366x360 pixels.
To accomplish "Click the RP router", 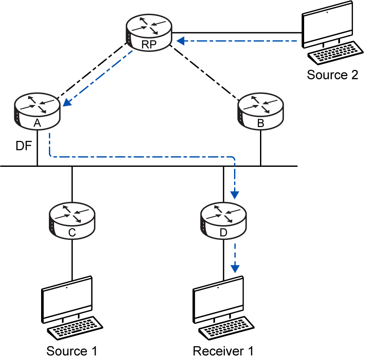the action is (149, 33).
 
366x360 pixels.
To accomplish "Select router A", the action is (37, 111).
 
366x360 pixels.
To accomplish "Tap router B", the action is (260, 111).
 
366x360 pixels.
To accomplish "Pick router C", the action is (72, 220).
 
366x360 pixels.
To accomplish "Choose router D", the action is (223, 220).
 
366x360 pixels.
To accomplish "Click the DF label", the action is (24, 146).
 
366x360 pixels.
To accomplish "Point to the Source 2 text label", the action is (332, 75).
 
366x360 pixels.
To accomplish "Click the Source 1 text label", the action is (72, 351).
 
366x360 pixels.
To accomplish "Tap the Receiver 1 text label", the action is (223, 351).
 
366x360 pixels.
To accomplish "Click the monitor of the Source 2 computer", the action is (327, 25).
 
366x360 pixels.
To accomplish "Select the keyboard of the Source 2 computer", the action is (335, 53).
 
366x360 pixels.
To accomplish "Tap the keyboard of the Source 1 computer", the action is (75, 328).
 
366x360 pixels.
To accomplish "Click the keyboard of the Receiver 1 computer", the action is (226, 328).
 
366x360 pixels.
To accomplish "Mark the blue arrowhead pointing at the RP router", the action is (181, 41).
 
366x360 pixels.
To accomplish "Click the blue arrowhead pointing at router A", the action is (67, 102).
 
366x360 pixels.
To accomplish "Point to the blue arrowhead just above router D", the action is (234, 195).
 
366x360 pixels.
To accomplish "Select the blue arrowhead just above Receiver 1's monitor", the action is (235, 269).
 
